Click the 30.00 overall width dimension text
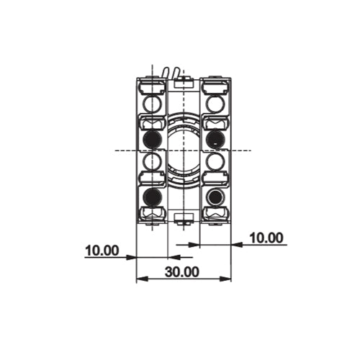pyautogui.click(x=181, y=272)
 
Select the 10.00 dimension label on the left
pyautogui.click(x=102, y=251)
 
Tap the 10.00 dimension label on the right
pyautogui.click(x=266, y=238)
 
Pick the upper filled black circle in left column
pyautogui.click(x=151, y=138)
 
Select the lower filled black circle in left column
pyautogui.click(x=151, y=197)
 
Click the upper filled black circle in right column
pyautogui.click(x=215, y=138)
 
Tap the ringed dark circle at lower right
pyautogui.click(x=215, y=197)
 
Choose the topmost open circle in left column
pyautogui.click(x=151, y=104)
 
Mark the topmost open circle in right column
pyautogui.click(x=215, y=104)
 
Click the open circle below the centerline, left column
pyautogui.click(x=151, y=161)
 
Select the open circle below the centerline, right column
pyautogui.click(x=215, y=161)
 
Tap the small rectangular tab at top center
pyautogui.click(x=183, y=84)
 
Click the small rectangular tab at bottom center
pyautogui.click(x=183, y=217)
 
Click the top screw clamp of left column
pyautogui.click(x=151, y=88)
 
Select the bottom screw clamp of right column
pyautogui.click(x=215, y=213)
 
